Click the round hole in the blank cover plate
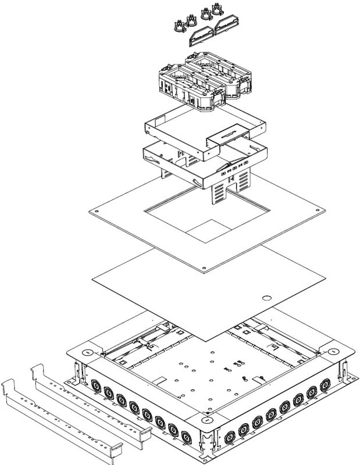(x=266, y=298)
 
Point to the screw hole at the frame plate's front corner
(x=204, y=268)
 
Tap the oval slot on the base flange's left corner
(x=85, y=352)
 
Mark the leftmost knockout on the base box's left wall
(x=95, y=384)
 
